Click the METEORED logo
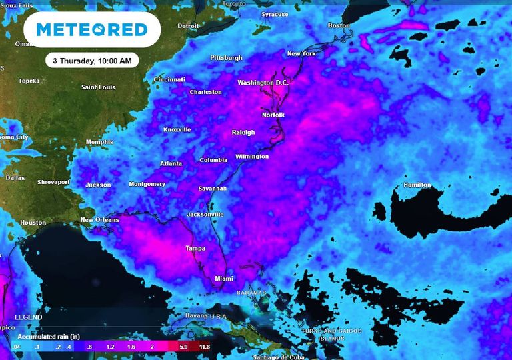(91, 30)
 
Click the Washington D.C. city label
(265, 83)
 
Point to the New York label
(301, 53)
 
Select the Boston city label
(339, 26)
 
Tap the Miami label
(224, 279)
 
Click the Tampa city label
(195, 249)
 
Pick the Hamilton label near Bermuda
(417, 185)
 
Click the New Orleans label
(99, 220)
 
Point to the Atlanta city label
(171, 164)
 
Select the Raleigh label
(243, 133)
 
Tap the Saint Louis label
(98, 87)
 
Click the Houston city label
(33, 223)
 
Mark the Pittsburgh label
(226, 58)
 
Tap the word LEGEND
(28, 317)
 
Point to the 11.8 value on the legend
(204, 347)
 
